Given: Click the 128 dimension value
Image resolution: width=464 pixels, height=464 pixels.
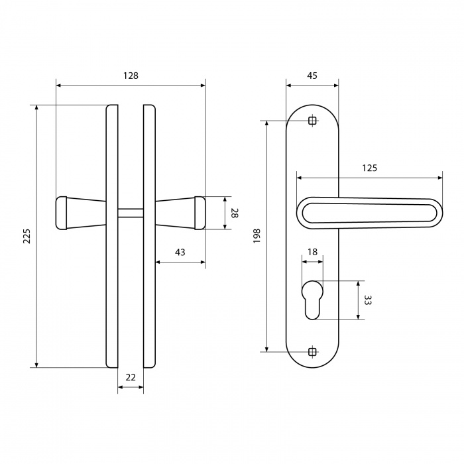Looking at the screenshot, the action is point(131,76).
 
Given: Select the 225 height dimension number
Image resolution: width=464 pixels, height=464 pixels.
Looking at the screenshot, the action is point(27,236).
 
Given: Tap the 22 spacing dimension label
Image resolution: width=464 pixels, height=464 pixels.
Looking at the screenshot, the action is point(131,378).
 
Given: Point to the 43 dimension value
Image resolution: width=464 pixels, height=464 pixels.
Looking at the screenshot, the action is point(180,253).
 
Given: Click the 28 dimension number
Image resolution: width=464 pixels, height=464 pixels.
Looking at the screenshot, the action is point(235,213).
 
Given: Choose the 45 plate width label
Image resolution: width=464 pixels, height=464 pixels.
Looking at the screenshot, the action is point(312,76).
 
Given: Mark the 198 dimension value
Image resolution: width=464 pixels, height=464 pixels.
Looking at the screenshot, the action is point(257,236).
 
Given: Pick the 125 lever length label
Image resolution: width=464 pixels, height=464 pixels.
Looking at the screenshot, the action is point(370,168).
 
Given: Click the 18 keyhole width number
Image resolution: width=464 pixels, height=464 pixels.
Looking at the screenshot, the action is point(312,252).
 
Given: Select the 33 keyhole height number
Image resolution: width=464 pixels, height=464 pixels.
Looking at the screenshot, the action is point(367,300).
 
